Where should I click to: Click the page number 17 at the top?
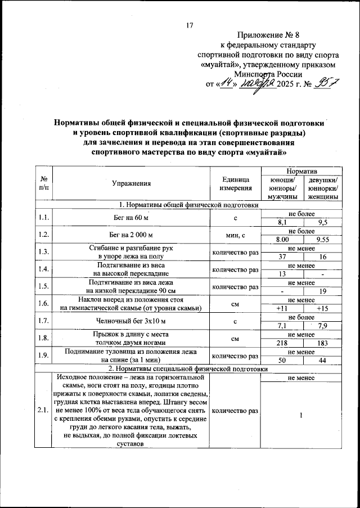[x=190, y=25]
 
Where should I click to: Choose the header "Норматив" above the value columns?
[x=301, y=170]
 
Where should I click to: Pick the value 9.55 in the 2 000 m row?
[x=323, y=240]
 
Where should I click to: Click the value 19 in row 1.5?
[x=323, y=291]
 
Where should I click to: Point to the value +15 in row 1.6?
[x=323, y=308]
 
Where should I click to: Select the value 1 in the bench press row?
[x=301, y=415]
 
